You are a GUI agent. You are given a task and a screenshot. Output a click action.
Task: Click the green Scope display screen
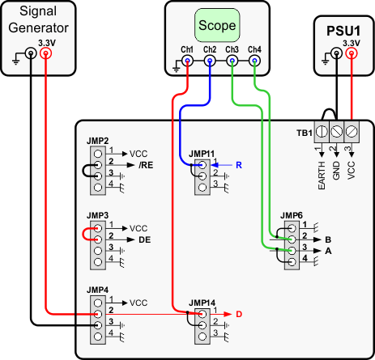216,26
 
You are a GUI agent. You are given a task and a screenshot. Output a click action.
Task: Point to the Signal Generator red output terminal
45,54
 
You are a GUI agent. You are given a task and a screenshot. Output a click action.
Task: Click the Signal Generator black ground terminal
30,54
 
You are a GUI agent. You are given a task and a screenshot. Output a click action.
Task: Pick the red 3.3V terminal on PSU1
351,54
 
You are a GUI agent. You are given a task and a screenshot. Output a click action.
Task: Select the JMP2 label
98,141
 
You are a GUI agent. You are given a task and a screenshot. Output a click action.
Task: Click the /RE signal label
146,163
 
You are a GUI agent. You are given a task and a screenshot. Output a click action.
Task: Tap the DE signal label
144,240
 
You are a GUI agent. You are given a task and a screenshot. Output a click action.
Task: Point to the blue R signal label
239,165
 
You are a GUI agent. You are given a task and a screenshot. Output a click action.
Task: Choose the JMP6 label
291,215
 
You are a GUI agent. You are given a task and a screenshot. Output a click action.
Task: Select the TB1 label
304,130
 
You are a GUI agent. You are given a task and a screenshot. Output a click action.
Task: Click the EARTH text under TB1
322,175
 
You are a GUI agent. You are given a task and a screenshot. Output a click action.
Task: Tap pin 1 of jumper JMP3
97,228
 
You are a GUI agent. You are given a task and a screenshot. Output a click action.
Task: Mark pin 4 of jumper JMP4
97,338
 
